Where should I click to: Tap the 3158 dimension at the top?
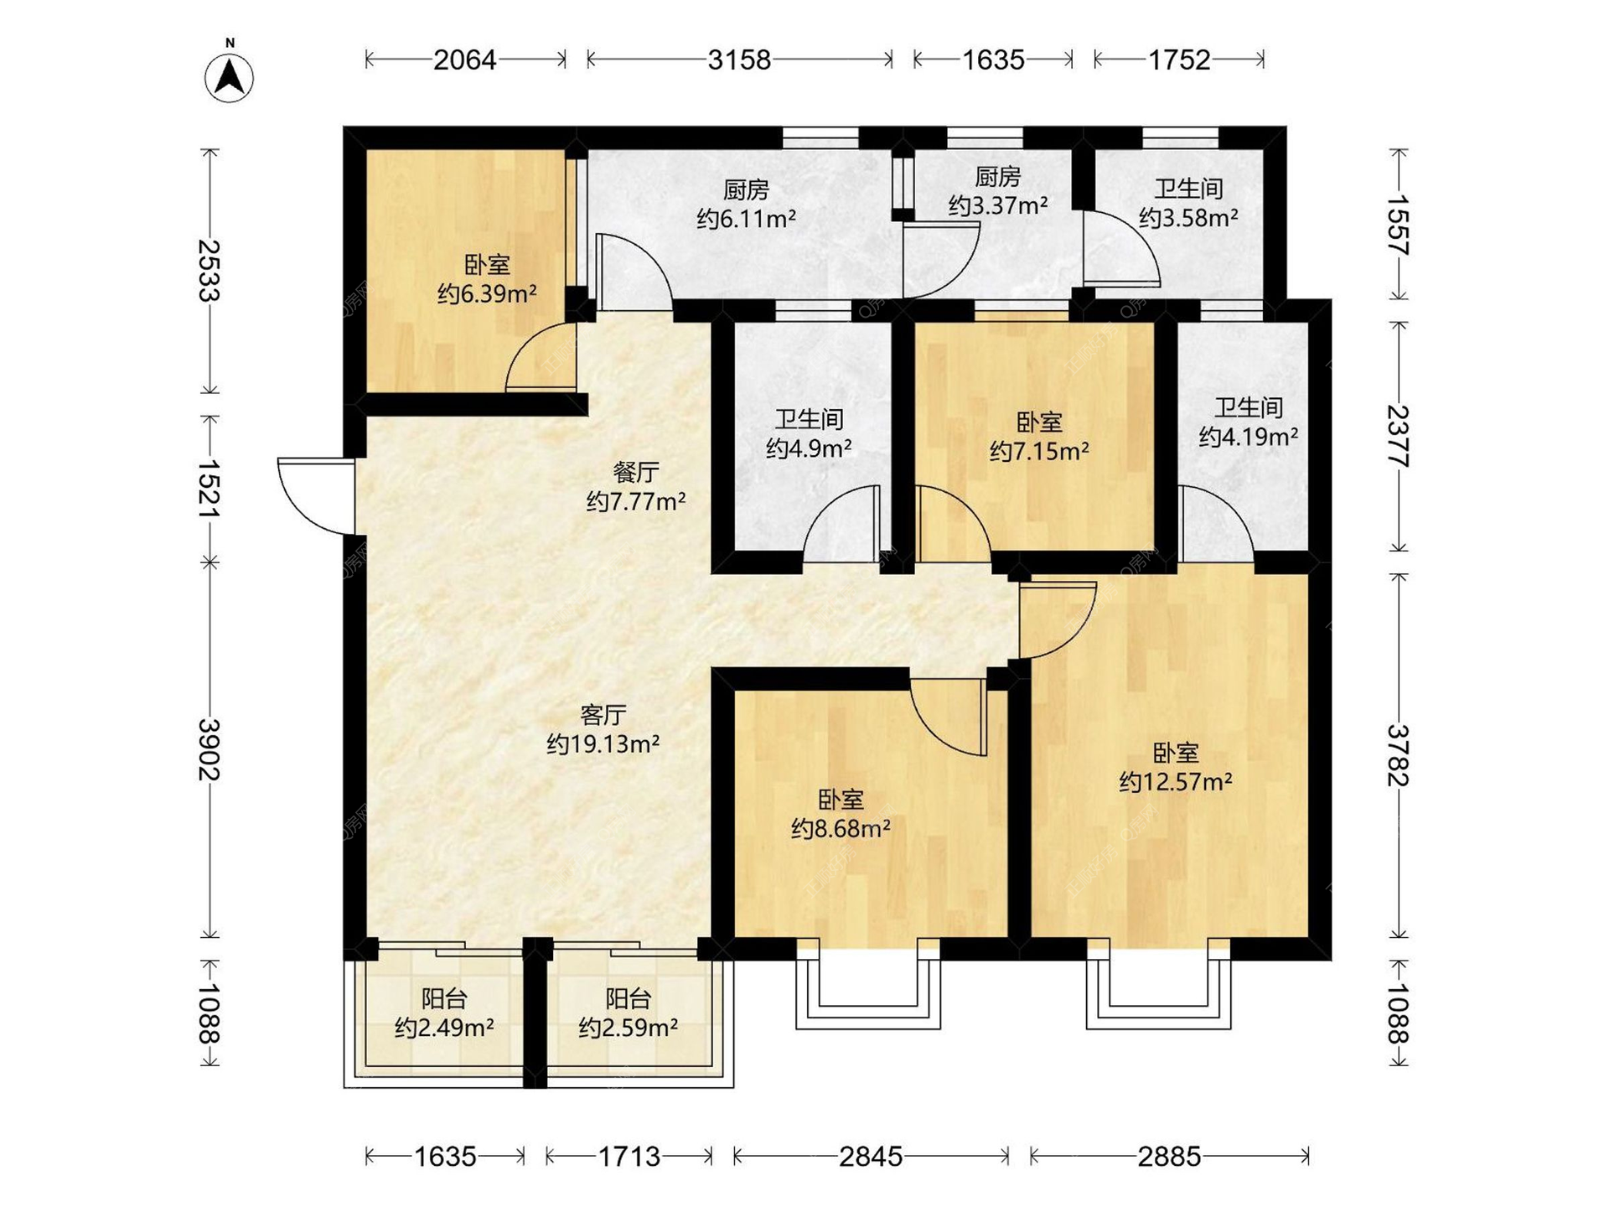(x=739, y=60)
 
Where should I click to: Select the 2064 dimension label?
(x=465, y=60)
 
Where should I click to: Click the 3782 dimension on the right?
(x=1398, y=755)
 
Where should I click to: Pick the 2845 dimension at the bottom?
(x=871, y=1157)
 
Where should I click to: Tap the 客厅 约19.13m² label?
(x=603, y=729)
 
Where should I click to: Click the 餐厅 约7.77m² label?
(x=636, y=487)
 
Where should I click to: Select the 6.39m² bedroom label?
(x=487, y=280)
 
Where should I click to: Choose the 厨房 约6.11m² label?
(x=746, y=205)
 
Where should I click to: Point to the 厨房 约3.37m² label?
(x=998, y=191)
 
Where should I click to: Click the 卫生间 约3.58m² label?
(x=1188, y=203)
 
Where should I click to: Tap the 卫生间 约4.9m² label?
(x=809, y=433)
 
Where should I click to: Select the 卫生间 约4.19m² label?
(x=1249, y=422)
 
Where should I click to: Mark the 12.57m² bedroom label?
(x=1176, y=767)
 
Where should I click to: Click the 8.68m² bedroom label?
(x=841, y=814)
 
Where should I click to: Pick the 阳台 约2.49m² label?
(x=444, y=1013)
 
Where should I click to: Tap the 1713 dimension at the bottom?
(x=629, y=1157)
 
